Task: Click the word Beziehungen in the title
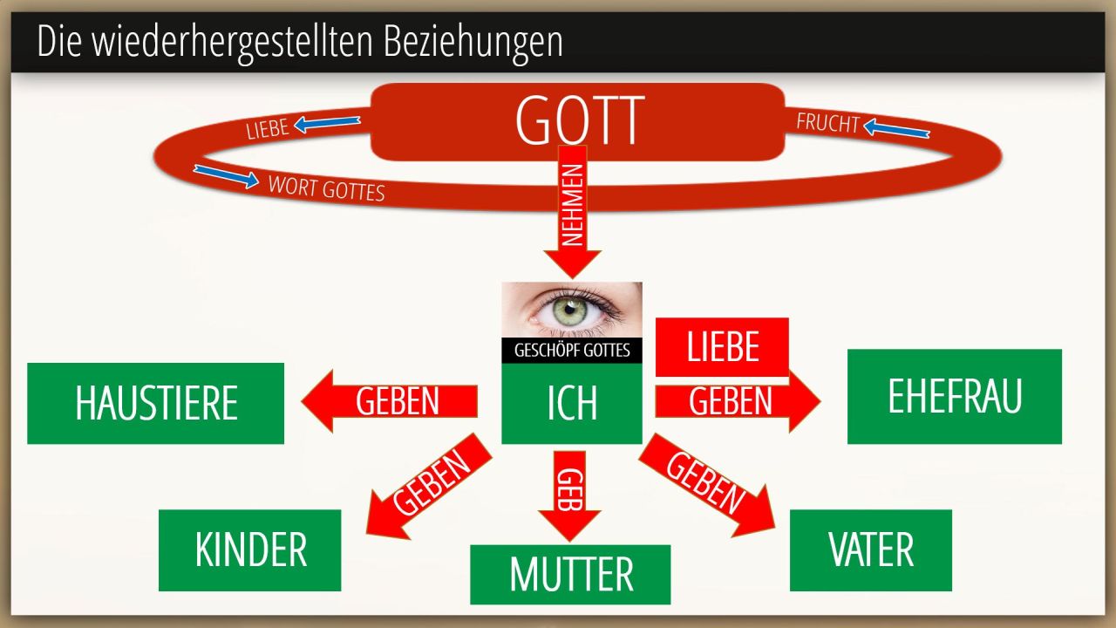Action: click(473, 43)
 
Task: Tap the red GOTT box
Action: click(578, 121)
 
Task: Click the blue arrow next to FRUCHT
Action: click(896, 128)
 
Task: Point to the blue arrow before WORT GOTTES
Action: click(226, 176)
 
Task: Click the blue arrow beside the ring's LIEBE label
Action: click(327, 124)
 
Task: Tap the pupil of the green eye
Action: click(569, 310)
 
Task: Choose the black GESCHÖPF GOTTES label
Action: click(572, 351)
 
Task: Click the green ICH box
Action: click(572, 403)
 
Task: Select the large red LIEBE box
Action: click(722, 347)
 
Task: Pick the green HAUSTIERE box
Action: click(155, 403)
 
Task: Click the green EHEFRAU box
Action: click(955, 397)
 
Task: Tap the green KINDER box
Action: click(249, 550)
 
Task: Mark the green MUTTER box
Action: click(570, 575)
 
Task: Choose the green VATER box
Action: click(871, 550)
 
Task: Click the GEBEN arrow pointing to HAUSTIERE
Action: click(390, 401)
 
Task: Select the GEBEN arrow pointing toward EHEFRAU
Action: click(738, 401)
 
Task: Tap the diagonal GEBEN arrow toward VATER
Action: click(706, 485)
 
